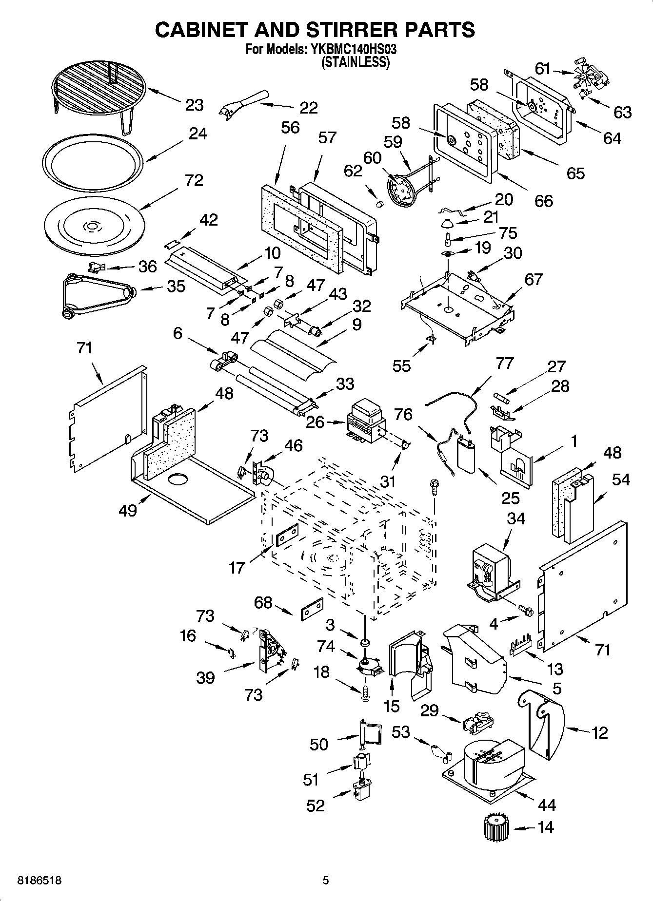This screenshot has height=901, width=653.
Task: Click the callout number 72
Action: click(x=194, y=180)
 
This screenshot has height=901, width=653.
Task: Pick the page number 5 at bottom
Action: click(x=325, y=881)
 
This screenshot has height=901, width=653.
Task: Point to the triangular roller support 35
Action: click(x=98, y=295)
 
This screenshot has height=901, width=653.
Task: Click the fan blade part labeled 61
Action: click(x=586, y=79)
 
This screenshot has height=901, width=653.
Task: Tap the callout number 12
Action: click(x=600, y=732)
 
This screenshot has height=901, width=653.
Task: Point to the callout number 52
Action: click(x=316, y=805)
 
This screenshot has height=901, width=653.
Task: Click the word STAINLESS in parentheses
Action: click(x=355, y=62)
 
